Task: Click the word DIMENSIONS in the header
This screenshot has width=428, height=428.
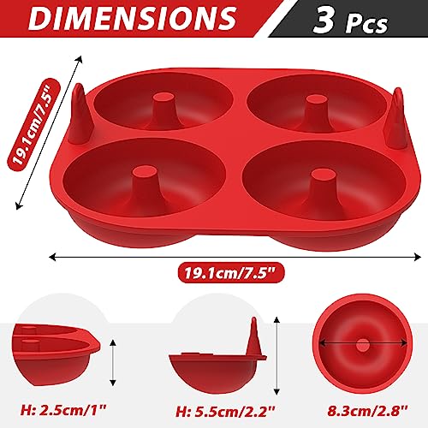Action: click(132, 18)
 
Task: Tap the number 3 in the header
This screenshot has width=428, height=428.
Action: click(324, 20)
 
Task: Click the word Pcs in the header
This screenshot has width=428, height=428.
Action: click(366, 24)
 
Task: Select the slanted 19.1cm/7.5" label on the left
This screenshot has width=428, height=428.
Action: click(33, 125)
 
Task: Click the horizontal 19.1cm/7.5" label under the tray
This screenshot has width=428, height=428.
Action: click(231, 273)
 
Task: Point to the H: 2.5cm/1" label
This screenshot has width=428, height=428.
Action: click(63, 410)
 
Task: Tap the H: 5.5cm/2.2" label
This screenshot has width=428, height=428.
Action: click(225, 412)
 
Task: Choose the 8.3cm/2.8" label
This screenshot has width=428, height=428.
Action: click(367, 411)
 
